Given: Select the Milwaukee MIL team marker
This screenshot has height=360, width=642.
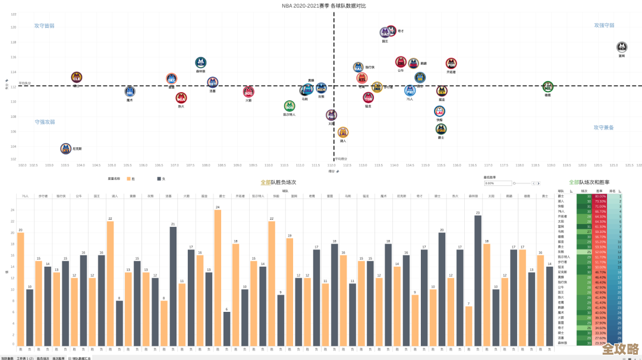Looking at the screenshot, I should (x=547, y=86).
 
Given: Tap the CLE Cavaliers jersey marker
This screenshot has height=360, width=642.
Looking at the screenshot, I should (x=76, y=77).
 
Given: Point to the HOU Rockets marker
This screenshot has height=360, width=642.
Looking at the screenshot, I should (x=248, y=91).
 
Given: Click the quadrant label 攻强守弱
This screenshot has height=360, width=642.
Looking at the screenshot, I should (x=604, y=26).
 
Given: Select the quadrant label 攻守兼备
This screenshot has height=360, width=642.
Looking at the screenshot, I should (x=603, y=127).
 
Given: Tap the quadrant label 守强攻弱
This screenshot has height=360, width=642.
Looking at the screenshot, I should (x=45, y=122).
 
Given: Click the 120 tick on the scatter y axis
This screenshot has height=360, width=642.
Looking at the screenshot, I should (x=13, y=27).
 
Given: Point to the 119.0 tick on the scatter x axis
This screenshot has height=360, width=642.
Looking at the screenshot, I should (x=551, y=165).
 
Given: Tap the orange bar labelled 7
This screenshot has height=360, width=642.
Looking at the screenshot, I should (x=469, y=326).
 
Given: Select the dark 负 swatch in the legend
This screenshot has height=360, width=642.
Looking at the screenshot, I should (x=159, y=178).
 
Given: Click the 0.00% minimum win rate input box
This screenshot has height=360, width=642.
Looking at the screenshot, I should (x=497, y=183).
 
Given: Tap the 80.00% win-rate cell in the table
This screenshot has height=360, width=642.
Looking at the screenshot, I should (x=600, y=196).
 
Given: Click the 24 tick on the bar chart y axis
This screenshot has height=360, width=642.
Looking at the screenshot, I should (x=13, y=210).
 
